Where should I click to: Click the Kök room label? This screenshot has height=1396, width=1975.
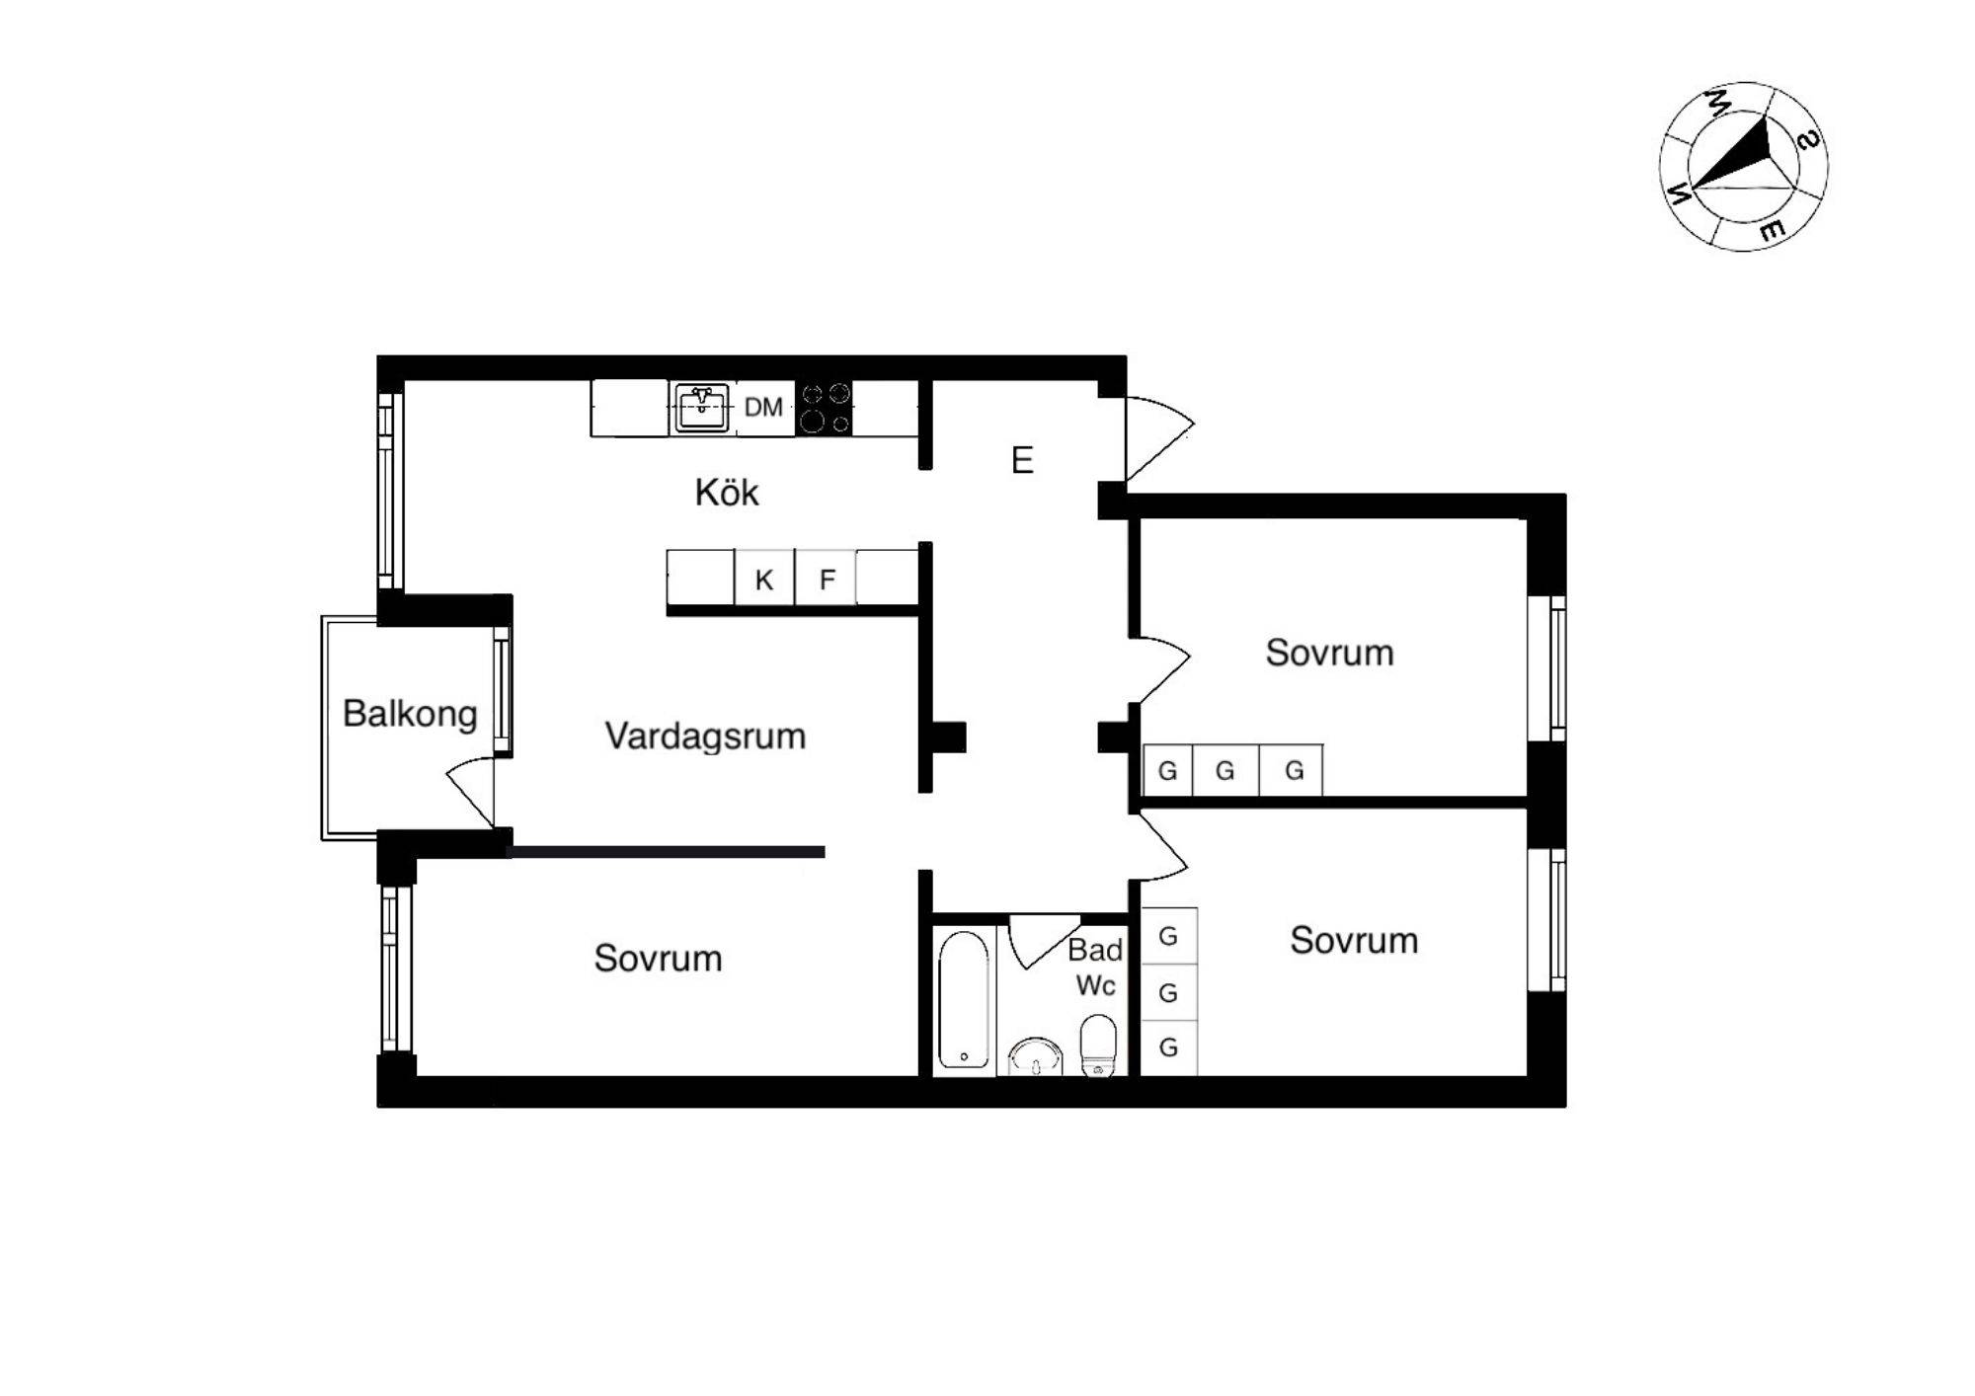coord(727,492)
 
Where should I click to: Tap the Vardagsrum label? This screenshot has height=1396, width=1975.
coord(705,736)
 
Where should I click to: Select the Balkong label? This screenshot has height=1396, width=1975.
coord(410,713)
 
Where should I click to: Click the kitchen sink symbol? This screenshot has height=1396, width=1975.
coord(701,408)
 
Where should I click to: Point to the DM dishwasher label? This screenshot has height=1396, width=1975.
coord(763,407)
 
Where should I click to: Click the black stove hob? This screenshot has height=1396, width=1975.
coord(825,408)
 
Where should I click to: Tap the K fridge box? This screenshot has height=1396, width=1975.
coord(764,578)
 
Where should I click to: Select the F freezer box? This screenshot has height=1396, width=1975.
coord(826,578)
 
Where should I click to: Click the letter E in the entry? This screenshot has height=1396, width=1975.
coord(1022,460)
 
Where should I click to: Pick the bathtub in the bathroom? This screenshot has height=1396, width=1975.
coord(963,999)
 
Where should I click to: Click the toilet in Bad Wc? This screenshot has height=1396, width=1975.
coord(1098,1045)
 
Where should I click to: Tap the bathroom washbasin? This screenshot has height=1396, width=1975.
coord(1036,1056)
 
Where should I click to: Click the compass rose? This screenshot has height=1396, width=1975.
coord(1743,166)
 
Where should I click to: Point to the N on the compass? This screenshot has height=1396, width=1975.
coord(1679,194)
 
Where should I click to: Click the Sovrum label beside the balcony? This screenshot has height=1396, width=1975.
coord(658,958)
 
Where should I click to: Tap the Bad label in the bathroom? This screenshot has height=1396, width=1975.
coord(1095,950)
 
